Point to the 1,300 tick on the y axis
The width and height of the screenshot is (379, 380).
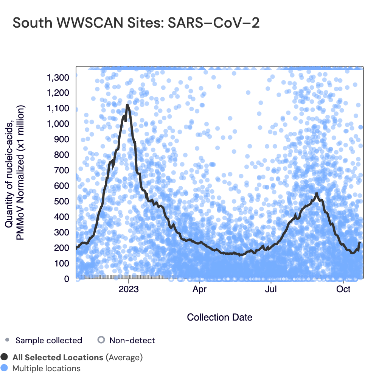coord(58,78)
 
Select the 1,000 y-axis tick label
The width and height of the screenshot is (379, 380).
coord(58,124)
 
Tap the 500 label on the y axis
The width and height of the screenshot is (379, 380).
coord(62,201)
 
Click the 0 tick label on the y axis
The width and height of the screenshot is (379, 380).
coord(67,279)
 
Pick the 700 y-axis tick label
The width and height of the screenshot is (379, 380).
coord(62,170)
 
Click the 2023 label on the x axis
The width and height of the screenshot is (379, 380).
coord(129,290)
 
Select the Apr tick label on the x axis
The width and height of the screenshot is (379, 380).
coord(199,290)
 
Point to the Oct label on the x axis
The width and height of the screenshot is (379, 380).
coord(343,290)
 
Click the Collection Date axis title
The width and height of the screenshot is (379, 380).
coord(220,317)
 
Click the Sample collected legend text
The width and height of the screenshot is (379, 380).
coord(48,340)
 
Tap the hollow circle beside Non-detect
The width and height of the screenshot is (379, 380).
coord(101,340)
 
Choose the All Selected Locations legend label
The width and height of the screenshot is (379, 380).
coord(57,357)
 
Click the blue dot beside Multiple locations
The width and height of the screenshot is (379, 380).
coord(5,368)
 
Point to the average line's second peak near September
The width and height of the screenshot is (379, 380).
coord(316,193)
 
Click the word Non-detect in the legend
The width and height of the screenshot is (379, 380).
coord(132,340)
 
